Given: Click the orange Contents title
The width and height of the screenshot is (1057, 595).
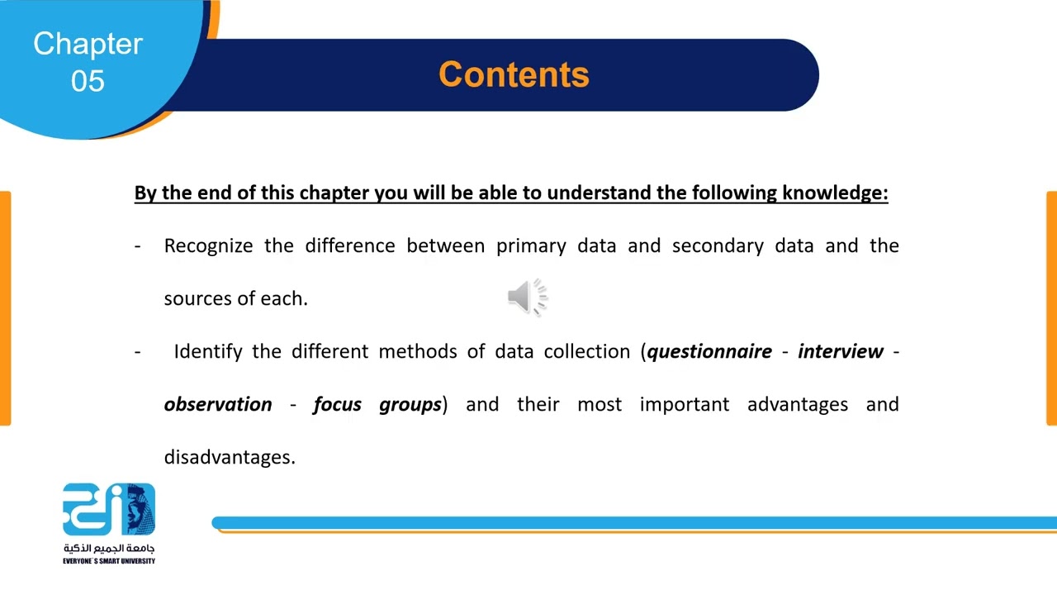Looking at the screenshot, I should [x=514, y=74].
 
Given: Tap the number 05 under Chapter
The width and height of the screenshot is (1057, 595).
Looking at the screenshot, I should [x=88, y=81].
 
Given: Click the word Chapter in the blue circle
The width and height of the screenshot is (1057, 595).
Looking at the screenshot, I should [x=88, y=44].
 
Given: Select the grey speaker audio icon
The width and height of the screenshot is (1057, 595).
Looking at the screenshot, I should [x=528, y=297].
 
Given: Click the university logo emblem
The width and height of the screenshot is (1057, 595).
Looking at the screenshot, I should [x=109, y=509].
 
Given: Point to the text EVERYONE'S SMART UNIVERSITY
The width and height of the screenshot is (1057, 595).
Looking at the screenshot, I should [x=109, y=561].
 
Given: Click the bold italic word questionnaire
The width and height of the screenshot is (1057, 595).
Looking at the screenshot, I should [x=709, y=352].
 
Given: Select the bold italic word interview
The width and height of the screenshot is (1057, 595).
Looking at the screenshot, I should [x=840, y=351].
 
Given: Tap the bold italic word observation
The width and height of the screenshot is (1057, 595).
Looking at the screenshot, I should [x=218, y=404].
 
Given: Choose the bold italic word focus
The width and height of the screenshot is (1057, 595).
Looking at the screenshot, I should [x=337, y=404].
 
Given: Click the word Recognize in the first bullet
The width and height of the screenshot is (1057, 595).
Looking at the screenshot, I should [x=208, y=246].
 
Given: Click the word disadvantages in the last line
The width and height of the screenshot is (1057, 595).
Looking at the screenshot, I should [x=228, y=457].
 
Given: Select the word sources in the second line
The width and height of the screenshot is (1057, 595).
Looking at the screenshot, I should [x=190, y=299].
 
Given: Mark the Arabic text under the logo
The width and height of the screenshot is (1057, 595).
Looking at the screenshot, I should [x=109, y=548].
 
